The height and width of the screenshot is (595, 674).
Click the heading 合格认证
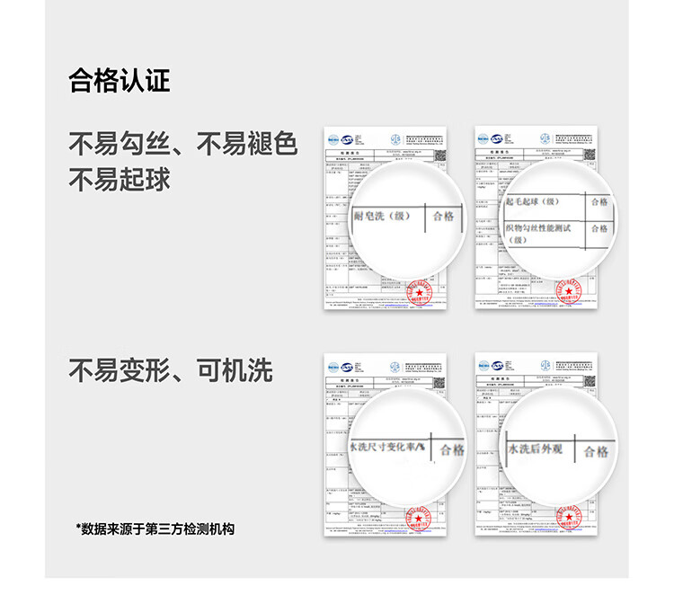(120, 82)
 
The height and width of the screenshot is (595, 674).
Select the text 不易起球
(120, 179)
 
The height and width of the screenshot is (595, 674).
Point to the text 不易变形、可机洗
(171, 370)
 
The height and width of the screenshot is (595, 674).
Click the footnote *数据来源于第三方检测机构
(155, 529)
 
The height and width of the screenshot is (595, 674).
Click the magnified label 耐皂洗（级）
(383, 216)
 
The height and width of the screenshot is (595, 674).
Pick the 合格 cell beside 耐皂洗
(443, 217)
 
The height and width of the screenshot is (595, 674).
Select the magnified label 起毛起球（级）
(534, 201)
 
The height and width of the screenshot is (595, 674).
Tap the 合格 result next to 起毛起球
(599, 201)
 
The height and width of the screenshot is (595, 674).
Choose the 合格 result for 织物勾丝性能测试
(599, 228)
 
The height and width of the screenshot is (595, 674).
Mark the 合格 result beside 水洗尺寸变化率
(452, 449)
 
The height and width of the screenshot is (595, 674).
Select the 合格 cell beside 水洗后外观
(596, 451)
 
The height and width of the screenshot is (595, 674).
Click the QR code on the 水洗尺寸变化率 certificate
(439, 382)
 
